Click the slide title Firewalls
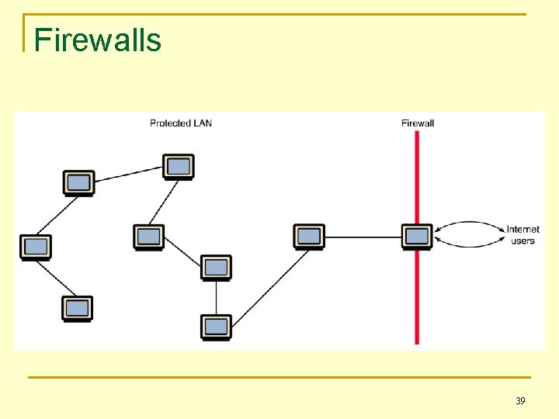[x=98, y=40]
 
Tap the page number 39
[x=520, y=401]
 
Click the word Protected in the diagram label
[x=169, y=123]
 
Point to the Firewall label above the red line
[x=418, y=123]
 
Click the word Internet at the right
[x=523, y=230]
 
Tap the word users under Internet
[x=523, y=241]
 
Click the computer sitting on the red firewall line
[x=417, y=236]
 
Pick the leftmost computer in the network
[x=35, y=247]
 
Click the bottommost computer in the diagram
[x=216, y=327]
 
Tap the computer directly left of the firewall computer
[x=309, y=236]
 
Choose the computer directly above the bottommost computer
[x=216, y=267]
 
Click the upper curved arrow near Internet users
[x=470, y=223]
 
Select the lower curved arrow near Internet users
[x=470, y=245]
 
